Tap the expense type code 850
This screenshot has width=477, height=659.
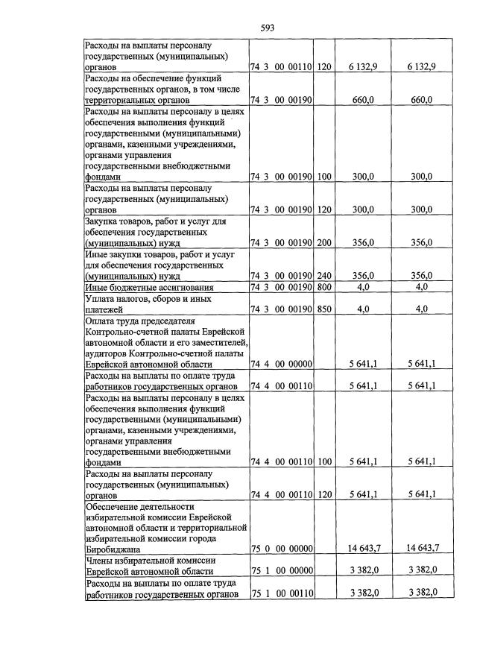point(324,309)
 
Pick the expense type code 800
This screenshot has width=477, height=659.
point(324,287)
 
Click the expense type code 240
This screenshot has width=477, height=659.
point(324,276)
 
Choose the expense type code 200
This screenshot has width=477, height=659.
point(324,243)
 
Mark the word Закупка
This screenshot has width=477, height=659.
point(105,221)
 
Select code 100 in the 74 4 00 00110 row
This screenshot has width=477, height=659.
point(324,461)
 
